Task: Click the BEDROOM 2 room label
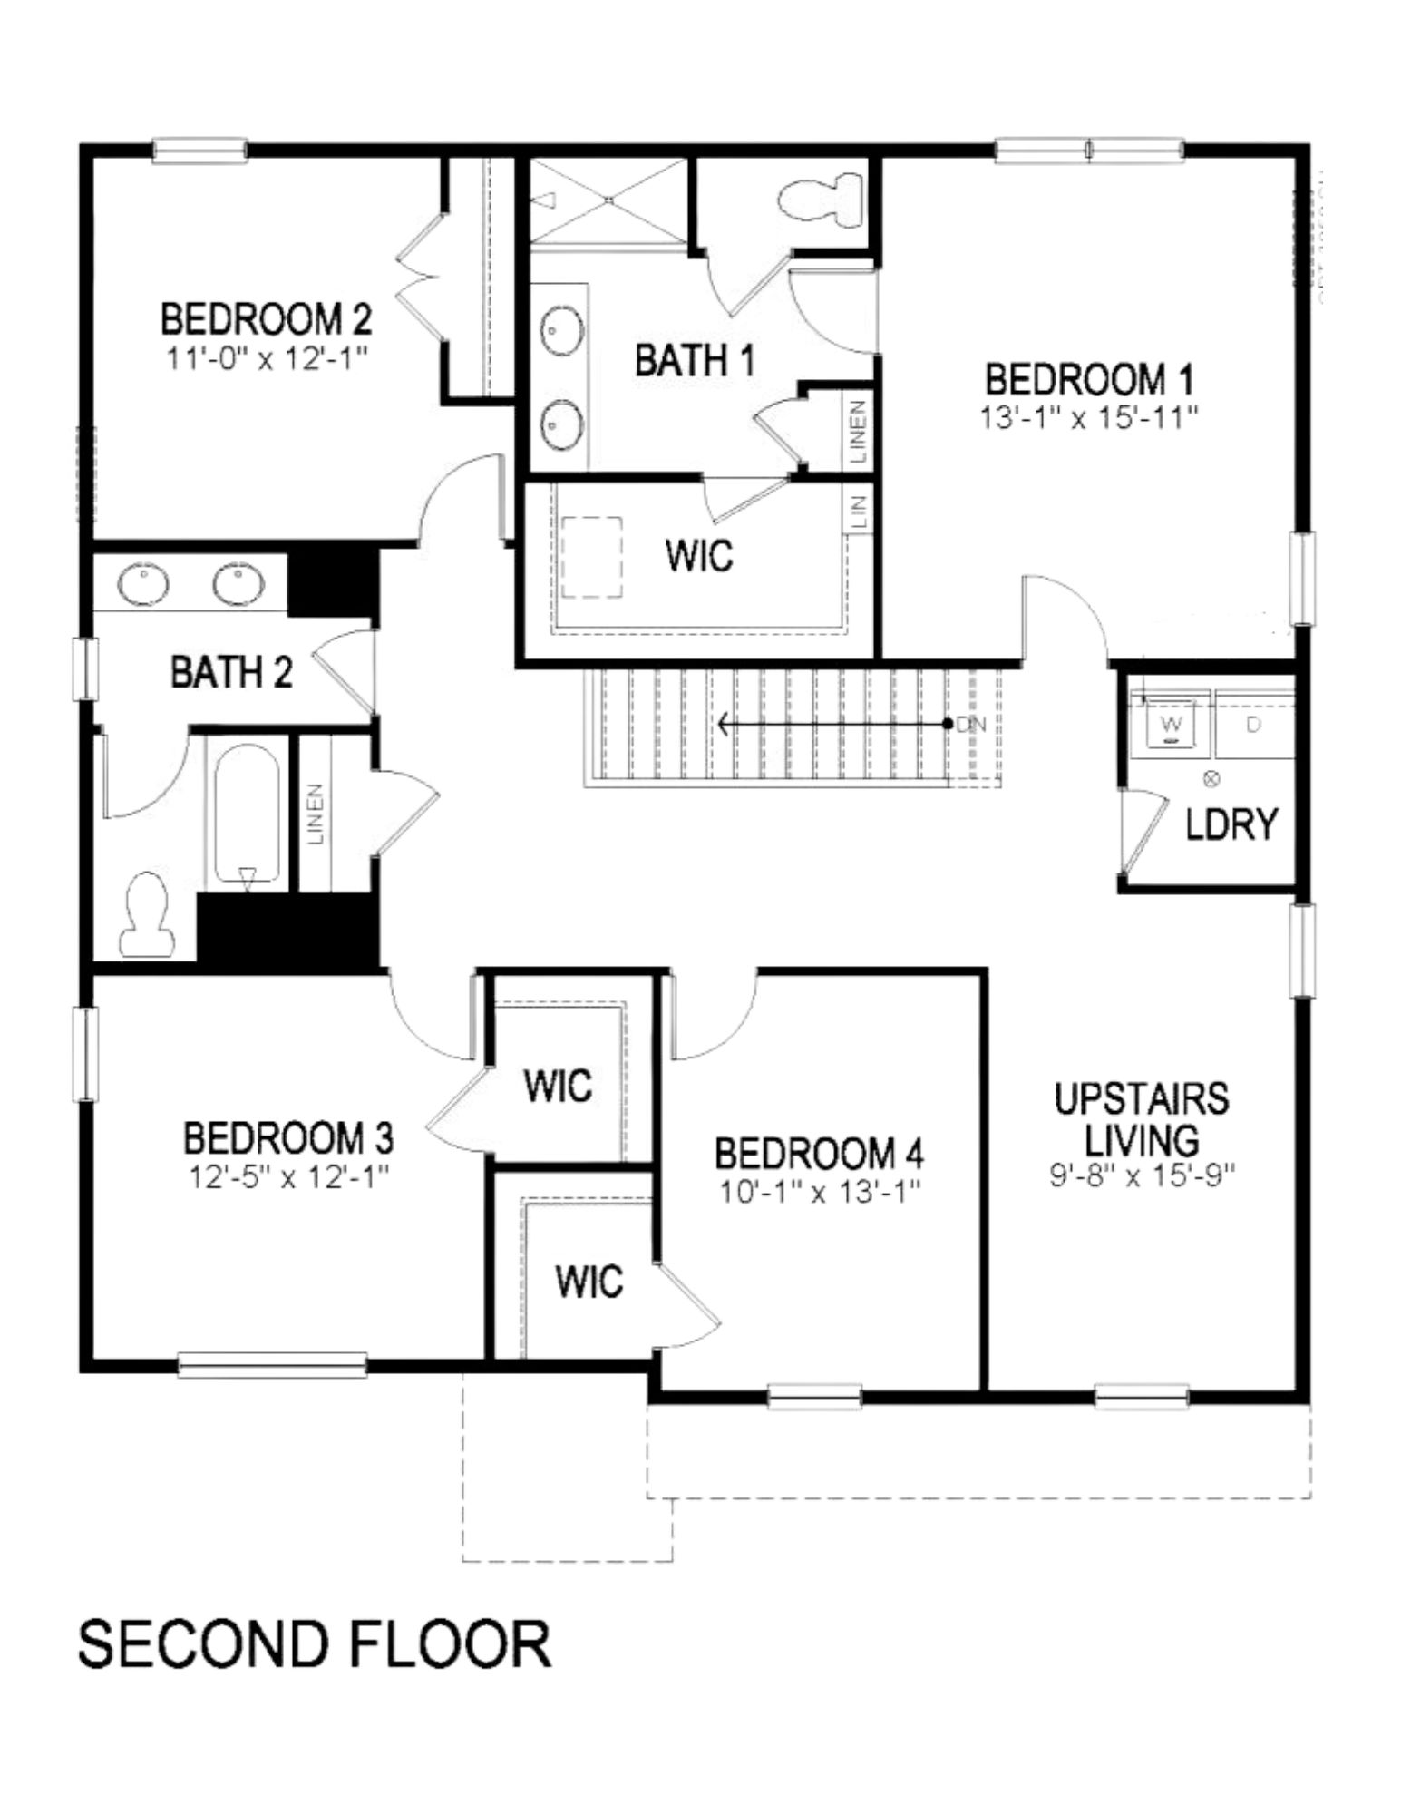pyautogui.click(x=266, y=320)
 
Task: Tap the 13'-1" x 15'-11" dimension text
pyautogui.click(x=1089, y=418)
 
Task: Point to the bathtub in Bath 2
pyautogui.click(x=246, y=812)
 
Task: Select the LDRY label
pyautogui.click(x=1231, y=824)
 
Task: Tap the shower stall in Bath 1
pyautogui.click(x=608, y=200)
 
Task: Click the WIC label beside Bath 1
pyautogui.click(x=698, y=555)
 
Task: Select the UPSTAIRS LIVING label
pyautogui.click(x=1141, y=1118)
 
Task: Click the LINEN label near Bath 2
pyautogui.click(x=316, y=814)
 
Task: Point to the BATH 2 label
pyautogui.click(x=231, y=673)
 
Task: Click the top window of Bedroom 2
pyautogui.click(x=199, y=150)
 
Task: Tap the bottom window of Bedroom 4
pyautogui.click(x=814, y=1396)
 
